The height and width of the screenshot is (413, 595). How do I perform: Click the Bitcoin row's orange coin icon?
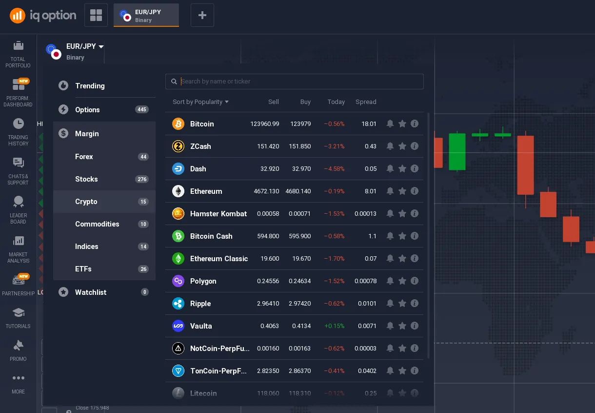(x=178, y=124)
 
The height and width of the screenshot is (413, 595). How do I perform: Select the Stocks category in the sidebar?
(x=86, y=179)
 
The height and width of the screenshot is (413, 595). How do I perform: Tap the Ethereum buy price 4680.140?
(x=298, y=191)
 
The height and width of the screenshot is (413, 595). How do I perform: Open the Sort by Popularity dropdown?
(x=200, y=102)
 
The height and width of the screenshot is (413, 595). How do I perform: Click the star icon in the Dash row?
(x=402, y=169)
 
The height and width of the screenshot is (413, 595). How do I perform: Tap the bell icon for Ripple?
(x=390, y=304)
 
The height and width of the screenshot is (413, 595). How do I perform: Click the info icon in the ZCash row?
(x=415, y=146)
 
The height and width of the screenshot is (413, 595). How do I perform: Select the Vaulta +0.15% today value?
(x=334, y=326)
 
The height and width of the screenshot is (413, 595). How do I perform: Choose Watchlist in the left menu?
(x=91, y=292)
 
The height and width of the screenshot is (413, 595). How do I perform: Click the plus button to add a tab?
(x=202, y=16)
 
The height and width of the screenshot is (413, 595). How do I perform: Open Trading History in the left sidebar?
(x=18, y=131)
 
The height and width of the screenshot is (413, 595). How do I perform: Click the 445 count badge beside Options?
(x=142, y=110)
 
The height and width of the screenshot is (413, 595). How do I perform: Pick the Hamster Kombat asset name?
(x=218, y=214)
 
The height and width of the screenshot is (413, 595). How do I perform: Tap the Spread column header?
(x=366, y=102)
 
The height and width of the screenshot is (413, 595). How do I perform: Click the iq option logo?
(x=43, y=16)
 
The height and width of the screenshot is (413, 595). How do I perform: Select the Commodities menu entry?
(x=97, y=224)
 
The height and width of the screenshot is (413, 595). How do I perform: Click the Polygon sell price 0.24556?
(x=268, y=281)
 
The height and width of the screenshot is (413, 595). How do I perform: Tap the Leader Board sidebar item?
(x=18, y=209)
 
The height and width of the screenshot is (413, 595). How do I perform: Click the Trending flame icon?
(x=63, y=86)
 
